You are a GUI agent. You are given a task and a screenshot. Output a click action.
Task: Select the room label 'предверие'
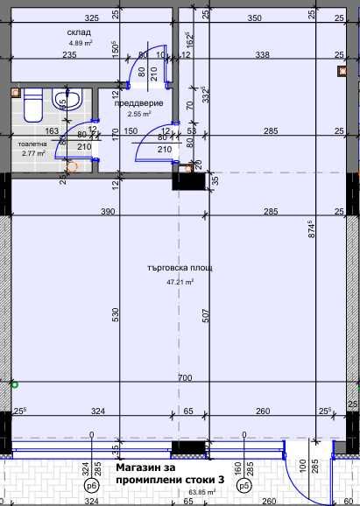click(134, 103)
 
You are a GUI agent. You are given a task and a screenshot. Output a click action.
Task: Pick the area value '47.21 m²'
click(180, 283)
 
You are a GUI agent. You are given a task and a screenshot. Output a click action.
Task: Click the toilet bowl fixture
click(32, 108)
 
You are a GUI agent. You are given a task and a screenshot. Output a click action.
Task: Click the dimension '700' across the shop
click(184, 378)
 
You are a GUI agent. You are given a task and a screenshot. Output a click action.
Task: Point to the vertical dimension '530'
click(116, 316)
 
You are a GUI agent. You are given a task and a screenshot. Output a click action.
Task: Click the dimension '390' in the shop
click(107, 212)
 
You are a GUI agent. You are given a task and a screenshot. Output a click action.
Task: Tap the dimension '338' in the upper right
click(261, 54)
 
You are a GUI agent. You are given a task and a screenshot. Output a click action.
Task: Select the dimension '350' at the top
click(254, 18)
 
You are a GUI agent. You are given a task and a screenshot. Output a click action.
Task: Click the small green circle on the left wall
click(13, 383)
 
